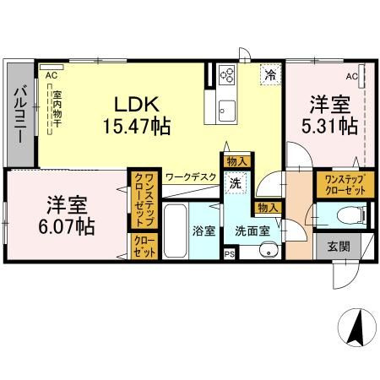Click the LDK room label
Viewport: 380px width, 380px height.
pos(137,104)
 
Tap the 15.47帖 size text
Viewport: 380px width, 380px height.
pos(137,127)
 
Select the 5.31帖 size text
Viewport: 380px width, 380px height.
pos(329,126)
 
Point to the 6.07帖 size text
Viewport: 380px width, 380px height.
pos(67,227)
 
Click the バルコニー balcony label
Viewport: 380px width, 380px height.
pos(20,116)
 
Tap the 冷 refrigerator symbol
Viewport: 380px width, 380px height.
pos(270,74)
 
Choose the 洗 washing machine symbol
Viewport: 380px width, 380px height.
pos(236,183)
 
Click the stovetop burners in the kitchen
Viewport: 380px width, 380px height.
pos(227,74)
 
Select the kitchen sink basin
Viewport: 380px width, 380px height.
pos(227,111)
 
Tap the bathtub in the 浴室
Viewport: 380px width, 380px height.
pos(175,231)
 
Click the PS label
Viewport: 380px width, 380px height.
pos(230,253)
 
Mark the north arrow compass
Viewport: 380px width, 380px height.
pos(357,327)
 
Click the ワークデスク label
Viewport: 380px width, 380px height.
pos(191,177)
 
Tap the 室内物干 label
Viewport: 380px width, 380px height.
pos(57,108)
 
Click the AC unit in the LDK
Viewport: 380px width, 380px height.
pos(52,67)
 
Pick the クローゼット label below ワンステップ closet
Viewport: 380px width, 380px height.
pos(144,247)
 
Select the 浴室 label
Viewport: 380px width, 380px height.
pos(204,231)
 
